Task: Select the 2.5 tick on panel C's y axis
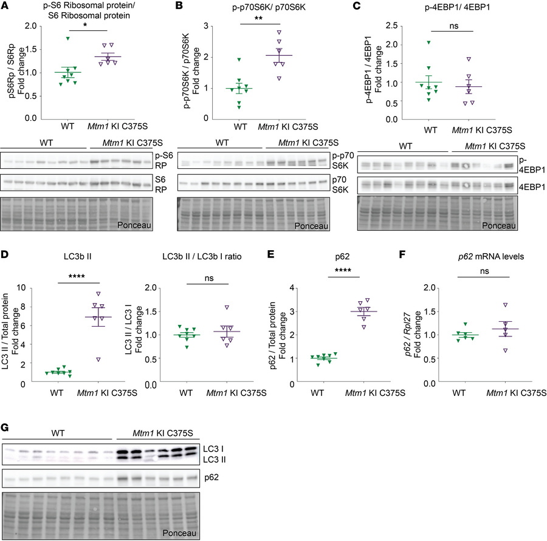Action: (407, 27)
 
